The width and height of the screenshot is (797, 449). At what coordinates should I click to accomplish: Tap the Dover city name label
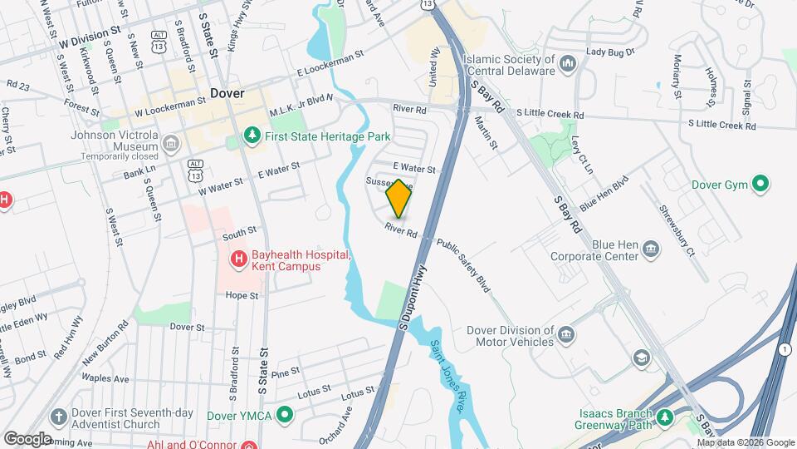[227, 93]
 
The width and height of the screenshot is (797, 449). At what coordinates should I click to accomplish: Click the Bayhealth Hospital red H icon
[239, 259]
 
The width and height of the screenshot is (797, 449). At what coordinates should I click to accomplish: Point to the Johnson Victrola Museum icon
[171, 144]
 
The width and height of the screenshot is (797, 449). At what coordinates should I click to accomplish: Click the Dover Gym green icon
[758, 184]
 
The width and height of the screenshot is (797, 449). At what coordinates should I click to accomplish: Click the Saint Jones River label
[447, 377]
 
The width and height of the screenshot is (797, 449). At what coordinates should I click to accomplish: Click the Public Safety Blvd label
[463, 265]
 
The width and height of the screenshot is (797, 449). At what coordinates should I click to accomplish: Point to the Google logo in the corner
[27, 438]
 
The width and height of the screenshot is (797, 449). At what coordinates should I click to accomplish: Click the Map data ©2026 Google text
[745, 442]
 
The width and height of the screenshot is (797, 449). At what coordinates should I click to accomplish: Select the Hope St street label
[242, 295]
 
